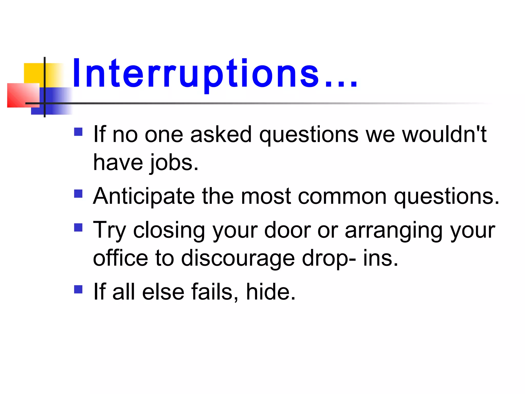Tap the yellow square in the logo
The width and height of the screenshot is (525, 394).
coord(33,73)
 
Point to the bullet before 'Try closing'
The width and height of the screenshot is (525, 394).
coord(78,228)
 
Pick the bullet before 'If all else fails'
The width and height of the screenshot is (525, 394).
coord(78,289)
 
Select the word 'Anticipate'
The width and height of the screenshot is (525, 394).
coord(144,197)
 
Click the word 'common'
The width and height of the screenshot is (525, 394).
coord(342,197)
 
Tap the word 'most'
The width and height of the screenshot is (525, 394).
coord(266,197)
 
